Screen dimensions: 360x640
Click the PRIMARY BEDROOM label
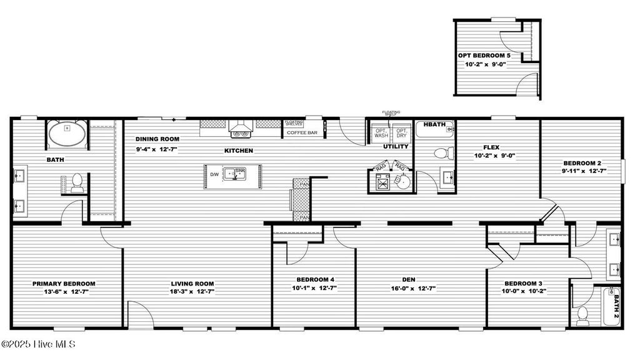point(64,283)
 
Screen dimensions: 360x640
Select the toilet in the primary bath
point(77,182)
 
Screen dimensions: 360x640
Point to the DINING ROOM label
point(157,139)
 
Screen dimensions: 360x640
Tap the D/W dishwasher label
point(214,174)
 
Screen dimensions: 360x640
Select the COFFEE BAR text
point(302,132)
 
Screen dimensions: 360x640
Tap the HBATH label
point(434,124)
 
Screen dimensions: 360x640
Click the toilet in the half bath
point(441,152)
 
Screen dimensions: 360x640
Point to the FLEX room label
point(491,147)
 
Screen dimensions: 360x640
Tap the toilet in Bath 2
point(583,316)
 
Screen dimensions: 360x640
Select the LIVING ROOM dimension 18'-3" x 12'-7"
point(192,291)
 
